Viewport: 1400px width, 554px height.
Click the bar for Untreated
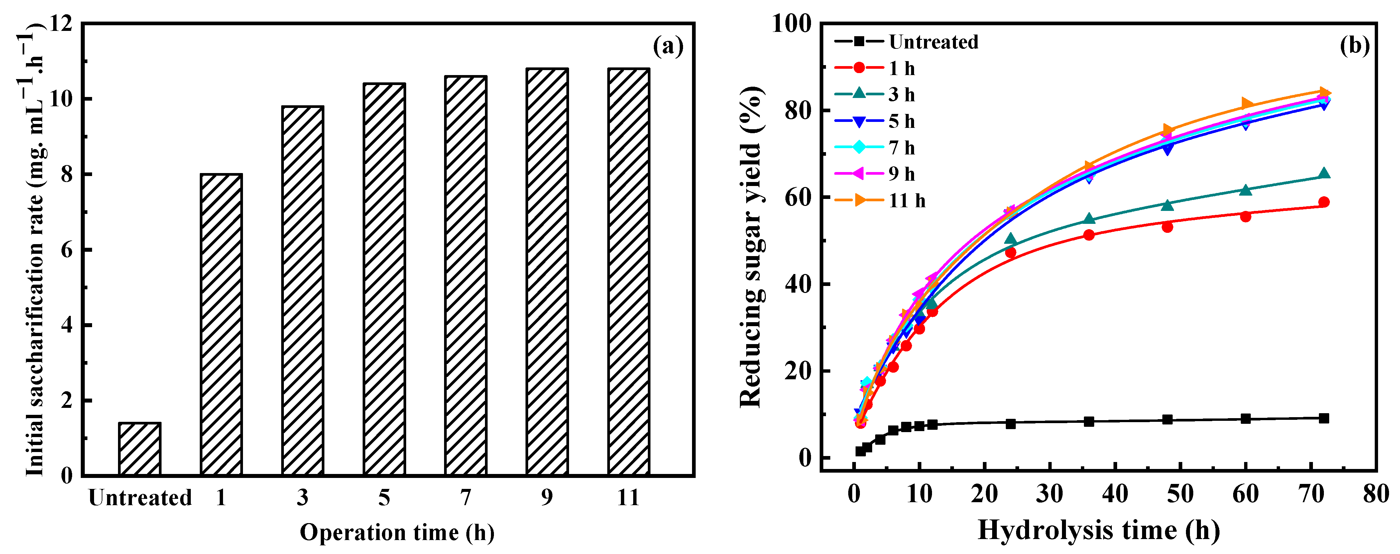coord(140,449)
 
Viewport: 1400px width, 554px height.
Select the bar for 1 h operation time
coord(221,325)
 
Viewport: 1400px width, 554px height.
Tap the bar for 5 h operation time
coord(384,280)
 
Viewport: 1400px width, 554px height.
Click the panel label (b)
coord(1354,46)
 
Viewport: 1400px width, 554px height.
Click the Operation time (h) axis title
coord(397,532)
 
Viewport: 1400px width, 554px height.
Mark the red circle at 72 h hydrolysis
coord(1324,202)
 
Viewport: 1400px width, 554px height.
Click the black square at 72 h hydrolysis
coord(1324,418)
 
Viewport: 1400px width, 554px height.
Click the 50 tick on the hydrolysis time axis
coord(1180,494)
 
